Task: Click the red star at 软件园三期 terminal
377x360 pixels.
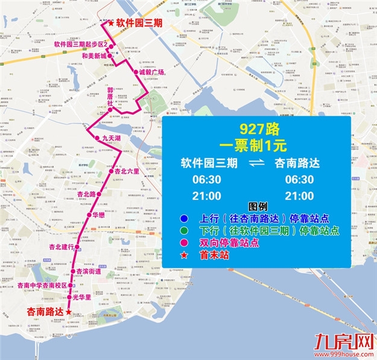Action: coord(111,23)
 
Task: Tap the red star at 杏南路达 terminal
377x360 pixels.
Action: coord(68,312)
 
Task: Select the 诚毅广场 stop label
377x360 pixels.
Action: coord(151,72)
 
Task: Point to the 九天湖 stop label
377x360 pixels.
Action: coord(112,138)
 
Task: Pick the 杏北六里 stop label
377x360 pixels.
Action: coord(127,171)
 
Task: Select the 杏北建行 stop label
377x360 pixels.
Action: coord(62,247)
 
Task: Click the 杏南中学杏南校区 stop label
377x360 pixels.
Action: coord(42,285)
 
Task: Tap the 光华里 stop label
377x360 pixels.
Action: coord(81,297)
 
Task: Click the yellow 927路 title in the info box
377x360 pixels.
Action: coord(257,128)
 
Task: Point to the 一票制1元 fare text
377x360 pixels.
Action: coord(257,145)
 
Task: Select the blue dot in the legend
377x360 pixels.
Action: coord(183,218)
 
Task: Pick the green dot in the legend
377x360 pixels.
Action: coord(183,230)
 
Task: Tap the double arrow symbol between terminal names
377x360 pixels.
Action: coord(257,163)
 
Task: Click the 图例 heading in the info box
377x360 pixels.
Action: coord(257,207)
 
